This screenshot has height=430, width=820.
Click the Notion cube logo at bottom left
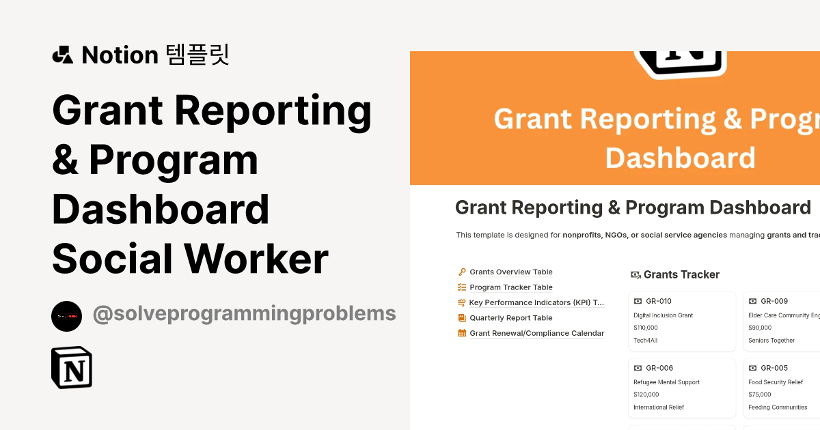72,368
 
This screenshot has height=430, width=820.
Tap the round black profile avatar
66,316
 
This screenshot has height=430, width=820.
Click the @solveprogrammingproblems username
244,314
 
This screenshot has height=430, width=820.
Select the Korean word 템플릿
197,55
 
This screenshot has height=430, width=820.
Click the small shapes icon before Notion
63,55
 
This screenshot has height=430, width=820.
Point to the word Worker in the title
257,259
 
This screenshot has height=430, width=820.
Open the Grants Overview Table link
511,272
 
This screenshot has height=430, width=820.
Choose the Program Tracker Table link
511,287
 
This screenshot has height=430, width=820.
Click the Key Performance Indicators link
536,302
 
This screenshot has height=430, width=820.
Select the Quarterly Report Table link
511,318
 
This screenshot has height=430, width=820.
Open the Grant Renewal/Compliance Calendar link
536,333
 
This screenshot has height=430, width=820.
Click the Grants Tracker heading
681,274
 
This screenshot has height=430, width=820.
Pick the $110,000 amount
646,328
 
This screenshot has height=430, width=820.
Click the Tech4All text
646,340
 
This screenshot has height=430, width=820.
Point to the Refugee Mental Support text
666,382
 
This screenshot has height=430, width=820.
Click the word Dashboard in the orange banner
680,158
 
